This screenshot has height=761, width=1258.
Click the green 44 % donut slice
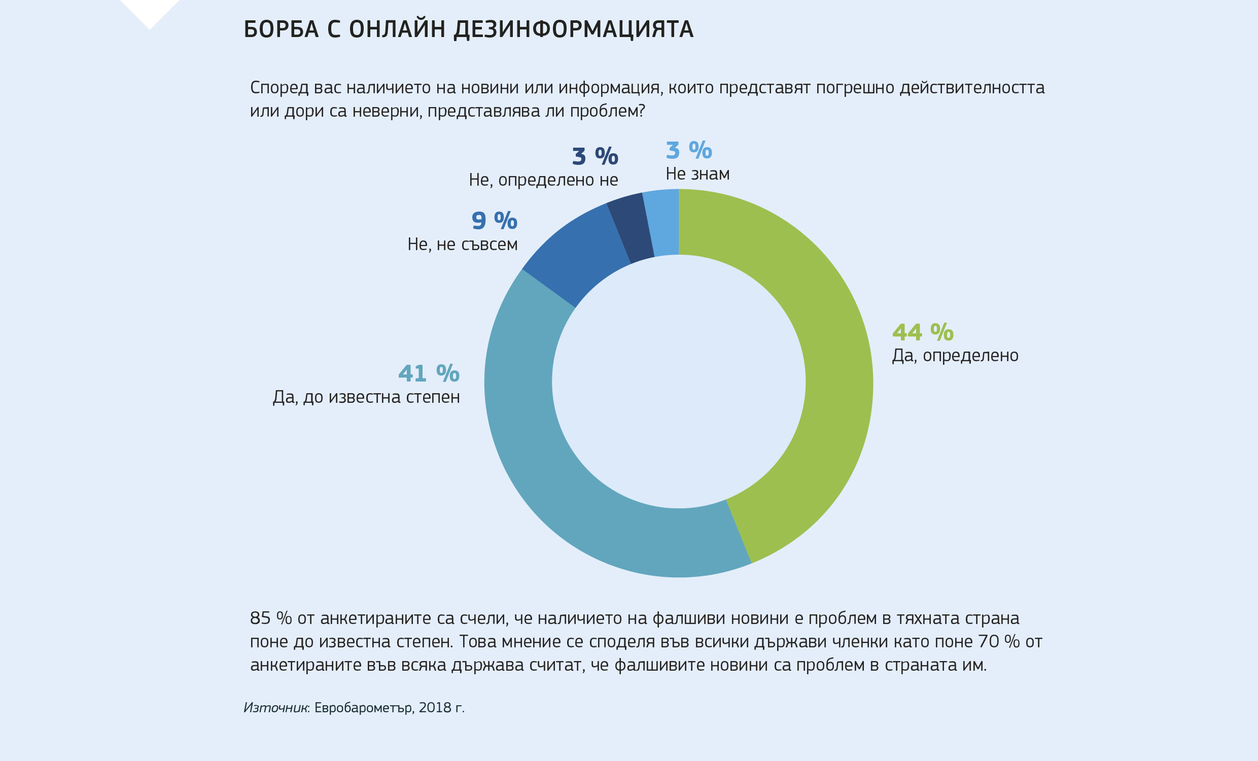point(837,358)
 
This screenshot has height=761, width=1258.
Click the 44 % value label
point(923,332)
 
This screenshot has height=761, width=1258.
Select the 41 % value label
point(429,373)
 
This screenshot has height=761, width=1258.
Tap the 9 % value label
point(494,221)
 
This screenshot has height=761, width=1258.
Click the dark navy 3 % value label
point(595,156)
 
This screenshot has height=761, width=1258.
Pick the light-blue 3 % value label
point(689,150)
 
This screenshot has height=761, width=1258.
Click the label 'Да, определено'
point(955,356)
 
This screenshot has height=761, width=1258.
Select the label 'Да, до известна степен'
point(366,397)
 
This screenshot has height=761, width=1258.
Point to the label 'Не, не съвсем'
point(463,245)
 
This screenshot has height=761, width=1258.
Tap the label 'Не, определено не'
point(543,180)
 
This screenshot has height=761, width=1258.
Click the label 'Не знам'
point(697,174)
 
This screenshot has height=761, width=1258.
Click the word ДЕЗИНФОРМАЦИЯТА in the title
point(573,29)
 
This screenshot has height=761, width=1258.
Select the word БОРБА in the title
point(282,29)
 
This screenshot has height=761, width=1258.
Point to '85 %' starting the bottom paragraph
point(270,618)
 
